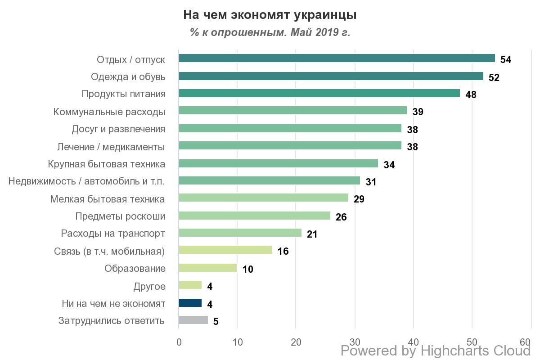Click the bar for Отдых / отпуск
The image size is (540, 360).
(337, 58)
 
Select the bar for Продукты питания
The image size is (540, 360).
(319, 93)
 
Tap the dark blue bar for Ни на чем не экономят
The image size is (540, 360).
(190, 303)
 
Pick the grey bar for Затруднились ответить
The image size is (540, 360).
(193, 320)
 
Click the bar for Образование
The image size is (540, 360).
(208, 268)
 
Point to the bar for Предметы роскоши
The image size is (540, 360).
(255, 216)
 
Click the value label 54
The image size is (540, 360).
(506, 60)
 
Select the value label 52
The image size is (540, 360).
(494, 77)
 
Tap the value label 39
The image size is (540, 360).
(418, 112)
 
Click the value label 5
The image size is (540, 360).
(216, 322)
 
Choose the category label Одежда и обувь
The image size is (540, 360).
(128, 77)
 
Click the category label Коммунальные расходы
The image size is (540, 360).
(109, 112)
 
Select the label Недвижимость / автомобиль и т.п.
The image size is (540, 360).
(86, 181)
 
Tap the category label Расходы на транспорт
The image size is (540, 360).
(113, 234)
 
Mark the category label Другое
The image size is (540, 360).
(149, 286)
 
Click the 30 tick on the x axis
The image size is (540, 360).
(355, 342)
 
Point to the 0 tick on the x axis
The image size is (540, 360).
(179, 342)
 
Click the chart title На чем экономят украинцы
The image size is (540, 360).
(270, 15)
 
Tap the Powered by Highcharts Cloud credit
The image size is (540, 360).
(436, 351)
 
